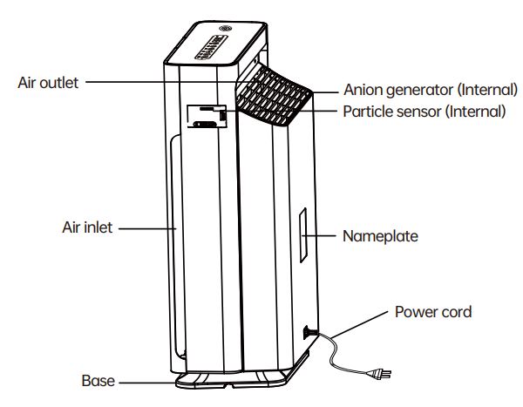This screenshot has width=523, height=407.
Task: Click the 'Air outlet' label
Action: click(x=48, y=83)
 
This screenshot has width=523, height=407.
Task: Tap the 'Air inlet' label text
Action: click(x=87, y=227)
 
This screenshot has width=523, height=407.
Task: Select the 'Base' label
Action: click(x=98, y=381)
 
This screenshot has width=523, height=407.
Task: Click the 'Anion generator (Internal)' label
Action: click(x=431, y=90)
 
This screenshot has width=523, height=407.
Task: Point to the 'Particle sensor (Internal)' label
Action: click(x=425, y=112)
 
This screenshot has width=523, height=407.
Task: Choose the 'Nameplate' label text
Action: click(x=380, y=236)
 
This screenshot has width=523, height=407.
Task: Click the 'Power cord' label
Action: click(x=433, y=312)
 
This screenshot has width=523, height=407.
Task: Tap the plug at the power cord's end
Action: click(x=379, y=374)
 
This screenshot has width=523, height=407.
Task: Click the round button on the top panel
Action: click(x=226, y=29)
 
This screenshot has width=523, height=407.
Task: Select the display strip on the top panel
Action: click(x=211, y=47)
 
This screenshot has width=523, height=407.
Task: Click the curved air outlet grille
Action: click(x=274, y=95)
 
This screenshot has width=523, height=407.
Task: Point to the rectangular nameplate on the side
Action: click(x=302, y=235)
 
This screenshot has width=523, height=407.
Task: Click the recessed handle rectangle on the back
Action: click(x=207, y=116)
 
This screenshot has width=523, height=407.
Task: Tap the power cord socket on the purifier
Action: click(x=307, y=332)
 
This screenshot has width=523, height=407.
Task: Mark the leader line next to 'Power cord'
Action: click(x=359, y=325)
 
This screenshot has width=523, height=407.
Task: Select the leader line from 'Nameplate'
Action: click(x=319, y=235)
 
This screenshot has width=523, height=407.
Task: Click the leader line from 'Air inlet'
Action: click(x=147, y=228)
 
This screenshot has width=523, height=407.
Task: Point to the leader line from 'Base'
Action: click(x=147, y=383)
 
